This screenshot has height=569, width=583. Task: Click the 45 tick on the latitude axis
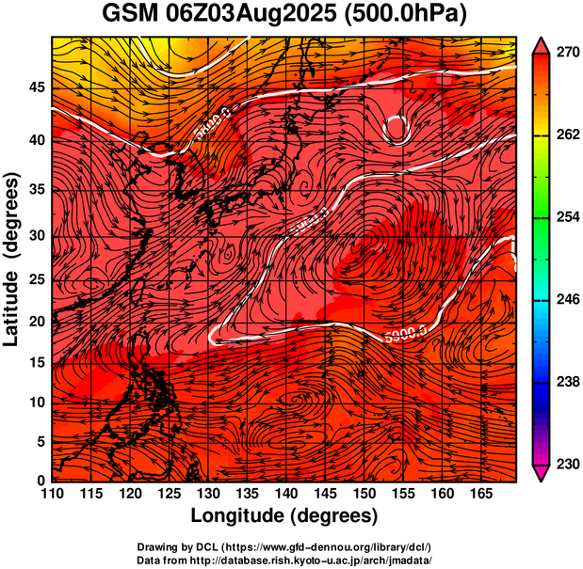37,87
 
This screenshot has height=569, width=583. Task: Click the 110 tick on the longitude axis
52,494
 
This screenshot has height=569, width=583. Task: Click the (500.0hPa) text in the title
407,14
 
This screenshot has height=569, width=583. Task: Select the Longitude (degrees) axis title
284,515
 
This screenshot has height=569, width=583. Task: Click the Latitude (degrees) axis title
13,259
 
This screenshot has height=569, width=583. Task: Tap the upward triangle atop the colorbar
541,43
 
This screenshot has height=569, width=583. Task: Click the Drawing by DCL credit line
284,546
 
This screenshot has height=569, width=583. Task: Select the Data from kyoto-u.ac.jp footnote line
284,560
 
